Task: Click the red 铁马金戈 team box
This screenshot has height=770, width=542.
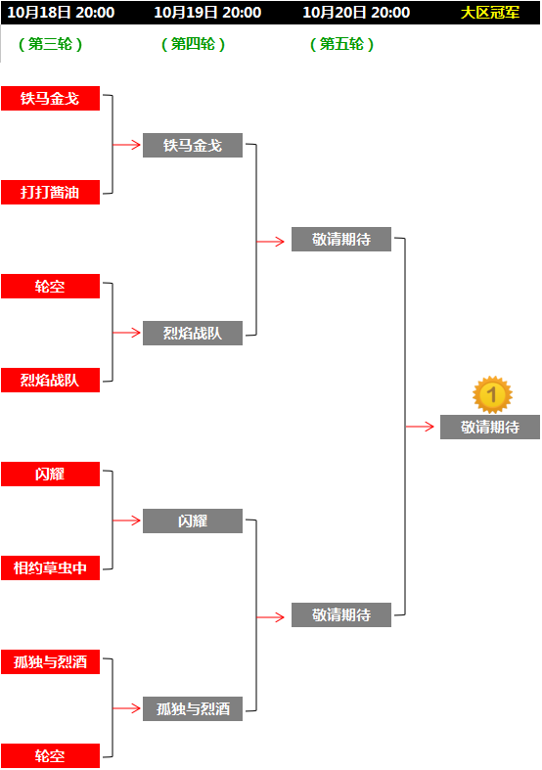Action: click(50, 98)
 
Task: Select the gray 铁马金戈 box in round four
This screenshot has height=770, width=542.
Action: click(193, 146)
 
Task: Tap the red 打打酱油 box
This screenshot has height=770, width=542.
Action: click(50, 192)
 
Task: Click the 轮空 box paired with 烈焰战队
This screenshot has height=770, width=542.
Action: click(50, 287)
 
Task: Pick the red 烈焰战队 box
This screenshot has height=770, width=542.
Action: click(50, 380)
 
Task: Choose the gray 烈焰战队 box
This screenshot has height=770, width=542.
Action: click(193, 333)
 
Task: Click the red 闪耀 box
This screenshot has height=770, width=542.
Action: click(50, 474)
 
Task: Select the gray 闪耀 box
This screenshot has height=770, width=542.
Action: click(193, 521)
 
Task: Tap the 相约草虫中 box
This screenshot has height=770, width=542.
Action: click(50, 568)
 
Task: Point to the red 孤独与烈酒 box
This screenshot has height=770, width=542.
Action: click(50, 662)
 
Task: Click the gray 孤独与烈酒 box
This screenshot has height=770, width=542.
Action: click(193, 708)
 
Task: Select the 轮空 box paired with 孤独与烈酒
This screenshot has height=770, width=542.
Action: click(50, 755)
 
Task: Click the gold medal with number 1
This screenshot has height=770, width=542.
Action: click(492, 395)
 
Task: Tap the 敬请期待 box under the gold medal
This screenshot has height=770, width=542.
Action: click(490, 428)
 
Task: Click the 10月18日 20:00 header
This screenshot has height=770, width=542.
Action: click(61, 13)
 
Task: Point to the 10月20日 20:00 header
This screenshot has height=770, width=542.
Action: click(356, 13)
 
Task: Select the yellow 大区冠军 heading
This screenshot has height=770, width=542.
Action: click(490, 13)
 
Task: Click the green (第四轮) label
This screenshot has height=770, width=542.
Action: click(193, 44)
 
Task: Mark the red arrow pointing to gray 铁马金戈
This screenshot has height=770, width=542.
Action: click(126, 145)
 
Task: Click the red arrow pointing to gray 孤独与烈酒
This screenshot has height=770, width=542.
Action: click(126, 708)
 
